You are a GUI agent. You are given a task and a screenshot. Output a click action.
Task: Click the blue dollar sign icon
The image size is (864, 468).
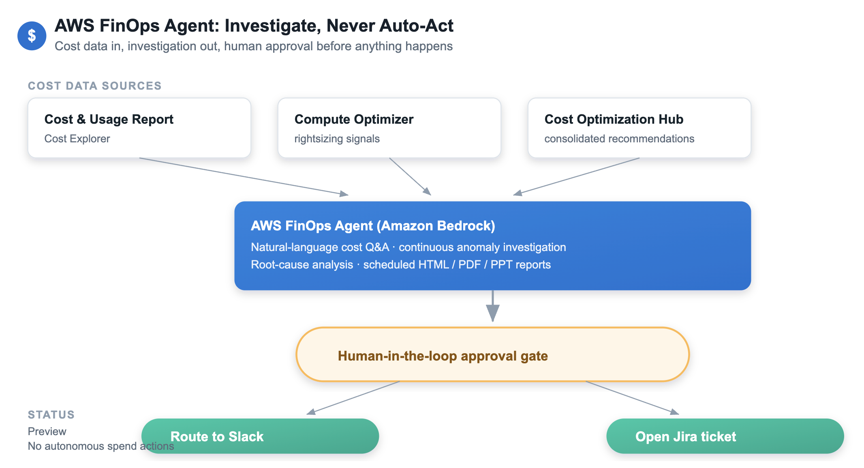[x=32, y=36]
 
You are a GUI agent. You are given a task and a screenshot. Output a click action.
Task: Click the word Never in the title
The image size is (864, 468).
[x=351, y=26]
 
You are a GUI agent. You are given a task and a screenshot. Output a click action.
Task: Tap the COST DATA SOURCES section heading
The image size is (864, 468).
[x=95, y=86]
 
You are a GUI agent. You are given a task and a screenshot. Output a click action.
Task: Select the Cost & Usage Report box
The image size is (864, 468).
[x=139, y=128]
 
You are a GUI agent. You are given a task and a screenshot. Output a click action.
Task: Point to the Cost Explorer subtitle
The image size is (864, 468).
[x=77, y=139]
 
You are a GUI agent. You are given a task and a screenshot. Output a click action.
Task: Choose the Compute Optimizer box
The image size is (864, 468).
[x=389, y=128]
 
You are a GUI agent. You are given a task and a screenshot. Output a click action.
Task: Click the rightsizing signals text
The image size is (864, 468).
[x=337, y=139]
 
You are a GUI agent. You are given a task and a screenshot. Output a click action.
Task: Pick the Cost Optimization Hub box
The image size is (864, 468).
[x=639, y=128]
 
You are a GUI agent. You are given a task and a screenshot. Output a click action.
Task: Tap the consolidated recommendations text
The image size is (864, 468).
[x=619, y=139]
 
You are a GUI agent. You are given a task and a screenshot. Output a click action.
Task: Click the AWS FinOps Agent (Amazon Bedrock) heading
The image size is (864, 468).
[x=373, y=225]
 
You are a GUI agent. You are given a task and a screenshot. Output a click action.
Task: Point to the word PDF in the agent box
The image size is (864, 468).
[x=469, y=264]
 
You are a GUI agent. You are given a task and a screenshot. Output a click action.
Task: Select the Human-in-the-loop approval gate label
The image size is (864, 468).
[x=443, y=356]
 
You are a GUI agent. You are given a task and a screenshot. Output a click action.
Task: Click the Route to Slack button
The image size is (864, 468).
[x=260, y=436]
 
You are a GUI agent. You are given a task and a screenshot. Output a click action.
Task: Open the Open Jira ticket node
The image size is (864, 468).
[x=725, y=436]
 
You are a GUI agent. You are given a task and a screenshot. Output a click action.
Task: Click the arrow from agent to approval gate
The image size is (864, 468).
[x=493, y=306]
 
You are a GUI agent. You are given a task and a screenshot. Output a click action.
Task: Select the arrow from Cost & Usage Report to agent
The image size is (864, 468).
[x=244, y=177]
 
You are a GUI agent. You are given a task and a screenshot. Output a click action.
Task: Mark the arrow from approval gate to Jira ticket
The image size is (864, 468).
[x=632, y=398]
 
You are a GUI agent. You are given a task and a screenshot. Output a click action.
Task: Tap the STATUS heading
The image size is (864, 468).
[x=51, y=414]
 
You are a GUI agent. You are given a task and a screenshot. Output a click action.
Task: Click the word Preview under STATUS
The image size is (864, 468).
[x=47, y=432]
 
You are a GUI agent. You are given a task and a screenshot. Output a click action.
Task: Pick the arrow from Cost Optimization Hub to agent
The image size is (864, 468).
[x=576, y=177]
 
